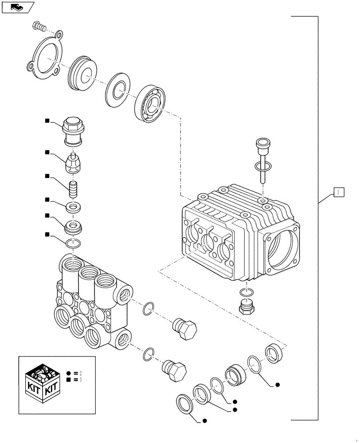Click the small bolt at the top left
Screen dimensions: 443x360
[x=39, y=27]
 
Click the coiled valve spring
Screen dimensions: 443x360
[x=73, y=188]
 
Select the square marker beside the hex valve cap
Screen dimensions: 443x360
[x=46, y=120]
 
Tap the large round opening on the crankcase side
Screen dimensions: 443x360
[x=282, y=251]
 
